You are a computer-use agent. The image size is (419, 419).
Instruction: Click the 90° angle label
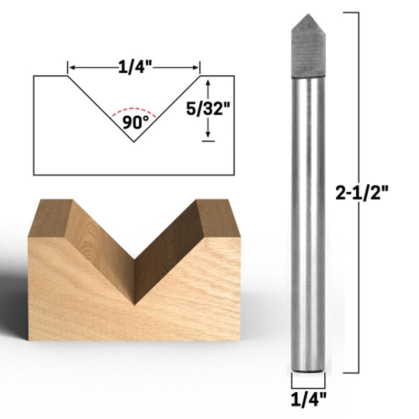(x=136, y=123)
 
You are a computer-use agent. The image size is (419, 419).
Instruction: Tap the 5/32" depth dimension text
(x=208, y=109)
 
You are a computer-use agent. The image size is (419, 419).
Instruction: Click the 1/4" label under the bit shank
(x=308, y=400)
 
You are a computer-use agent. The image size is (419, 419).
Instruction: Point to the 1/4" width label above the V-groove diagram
(x=135, y=67)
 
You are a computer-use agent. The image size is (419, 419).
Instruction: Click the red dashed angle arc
(x=134, y=110)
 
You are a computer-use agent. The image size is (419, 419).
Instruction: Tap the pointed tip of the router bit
(x=308, y=14)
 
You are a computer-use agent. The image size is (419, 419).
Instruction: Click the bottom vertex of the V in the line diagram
(x=134, y=142)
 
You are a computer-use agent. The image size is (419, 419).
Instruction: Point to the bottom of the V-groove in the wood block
(x=135, y=305)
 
